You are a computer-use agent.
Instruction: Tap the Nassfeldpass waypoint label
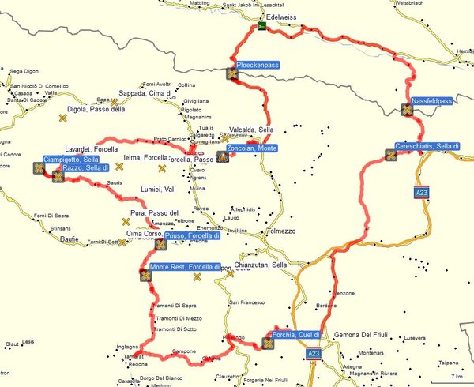431,101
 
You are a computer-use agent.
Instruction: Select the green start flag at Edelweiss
261,28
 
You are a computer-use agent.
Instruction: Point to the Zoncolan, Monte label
250,148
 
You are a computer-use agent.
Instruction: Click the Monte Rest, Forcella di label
187,266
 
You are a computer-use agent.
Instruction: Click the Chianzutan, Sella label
261,265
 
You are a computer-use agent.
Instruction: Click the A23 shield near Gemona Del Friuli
314,354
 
